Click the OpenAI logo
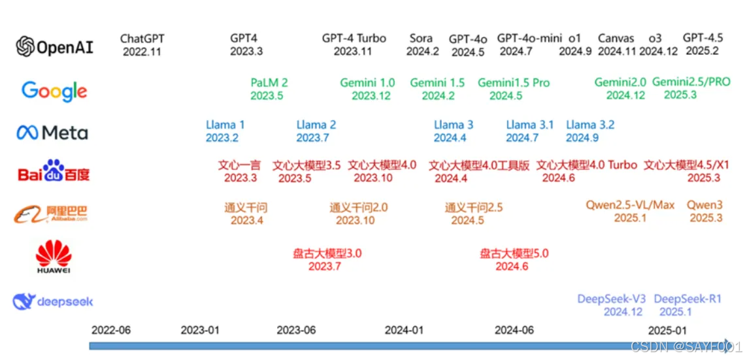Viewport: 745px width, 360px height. (x=55, y=46)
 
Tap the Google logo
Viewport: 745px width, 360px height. (x=54, y=91)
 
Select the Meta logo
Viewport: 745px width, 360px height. (x=52, y=133)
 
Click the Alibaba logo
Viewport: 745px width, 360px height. (x=51, y=214)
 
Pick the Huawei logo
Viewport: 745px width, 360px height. (x=54, y=256)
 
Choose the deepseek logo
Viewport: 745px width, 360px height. (x=53, y=301)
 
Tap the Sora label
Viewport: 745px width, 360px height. (x=422, y=39)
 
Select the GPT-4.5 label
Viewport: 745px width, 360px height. (x=703, y=38)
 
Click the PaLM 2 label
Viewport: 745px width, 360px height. (x=269, y=83)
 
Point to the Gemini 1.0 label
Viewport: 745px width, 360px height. (x=367, y=83)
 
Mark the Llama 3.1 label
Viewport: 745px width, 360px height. (x=529, y=125)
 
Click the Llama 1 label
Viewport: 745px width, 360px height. (x=225, y=125)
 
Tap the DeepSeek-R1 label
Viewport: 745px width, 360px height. (x=687, y=299)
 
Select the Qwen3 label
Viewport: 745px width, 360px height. (x=704, y=205)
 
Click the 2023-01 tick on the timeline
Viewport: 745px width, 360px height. (x=200, y=330)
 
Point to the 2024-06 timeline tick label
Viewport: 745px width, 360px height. (x=514, y=330)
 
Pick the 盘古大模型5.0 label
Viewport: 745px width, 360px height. (x=514, y=254)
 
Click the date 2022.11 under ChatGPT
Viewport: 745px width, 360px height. (x=141, y=52)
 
